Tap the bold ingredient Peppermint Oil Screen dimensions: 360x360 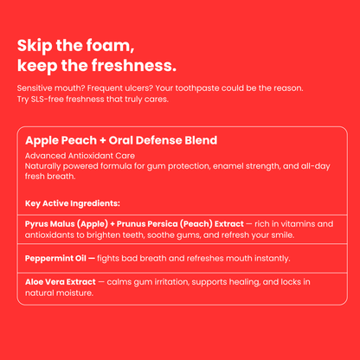click(x=61, y=258)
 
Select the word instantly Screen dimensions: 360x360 click(x=266, y=258)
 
